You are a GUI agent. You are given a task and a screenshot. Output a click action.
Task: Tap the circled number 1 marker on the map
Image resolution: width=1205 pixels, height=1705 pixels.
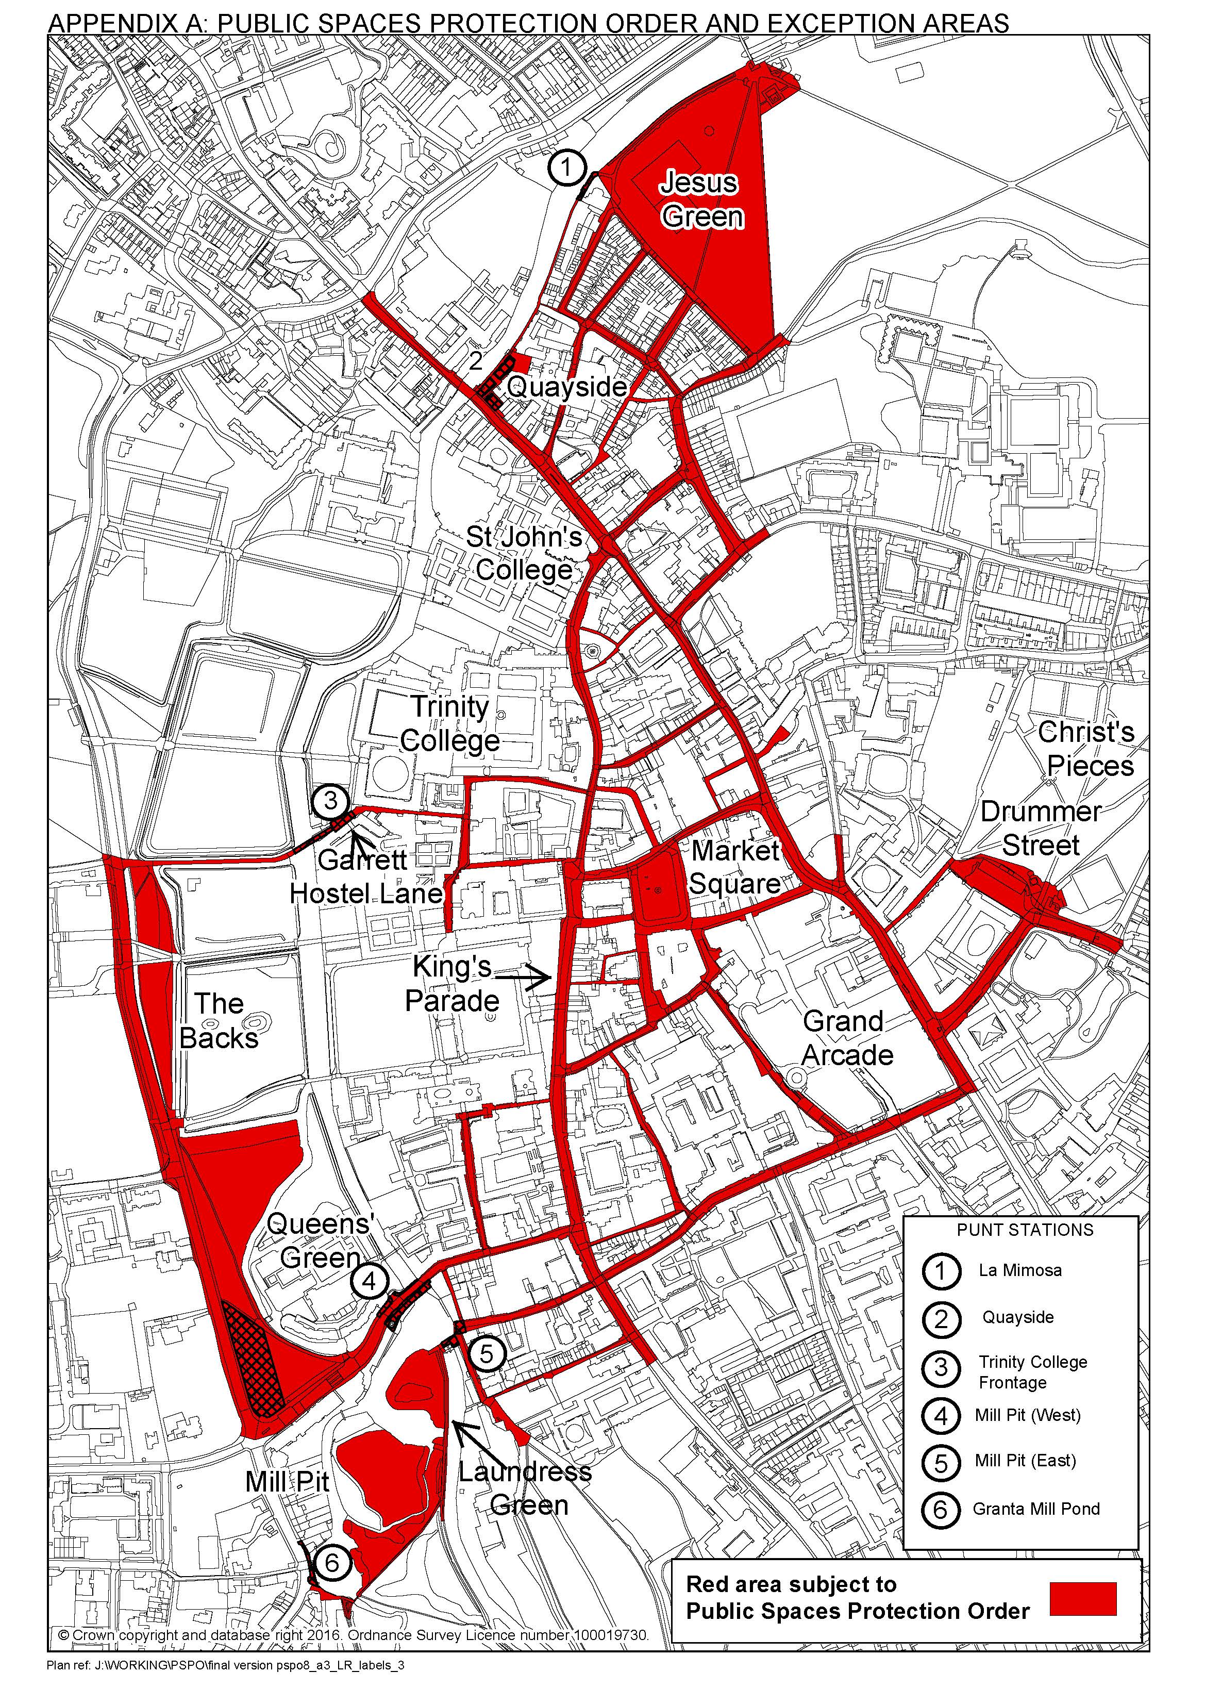pyautogui.click(x=566, y=169)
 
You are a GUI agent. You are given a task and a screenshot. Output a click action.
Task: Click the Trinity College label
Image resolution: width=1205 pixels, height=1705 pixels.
pyautogui.click(x=450, y=723)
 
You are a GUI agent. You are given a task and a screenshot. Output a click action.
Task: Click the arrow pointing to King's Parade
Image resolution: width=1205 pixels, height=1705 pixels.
pyautogui.click(x=524, y=978)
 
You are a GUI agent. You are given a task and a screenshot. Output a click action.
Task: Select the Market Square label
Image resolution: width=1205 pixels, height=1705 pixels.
pyautogui.click(x=735, y=867)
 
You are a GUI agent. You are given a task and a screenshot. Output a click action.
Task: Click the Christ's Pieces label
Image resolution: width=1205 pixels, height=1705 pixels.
pyautogui.click(x=1087, y=749)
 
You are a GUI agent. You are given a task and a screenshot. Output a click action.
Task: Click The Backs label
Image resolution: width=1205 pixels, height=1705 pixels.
pyautogui.click(x=219, y=1020)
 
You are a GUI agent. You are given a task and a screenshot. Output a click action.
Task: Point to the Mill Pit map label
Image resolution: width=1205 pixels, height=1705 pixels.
pyautogui.click(x=287, y=1481)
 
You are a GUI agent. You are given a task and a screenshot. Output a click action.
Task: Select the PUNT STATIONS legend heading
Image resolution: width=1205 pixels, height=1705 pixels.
pyautogui.click(x=1025, y=1230)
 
